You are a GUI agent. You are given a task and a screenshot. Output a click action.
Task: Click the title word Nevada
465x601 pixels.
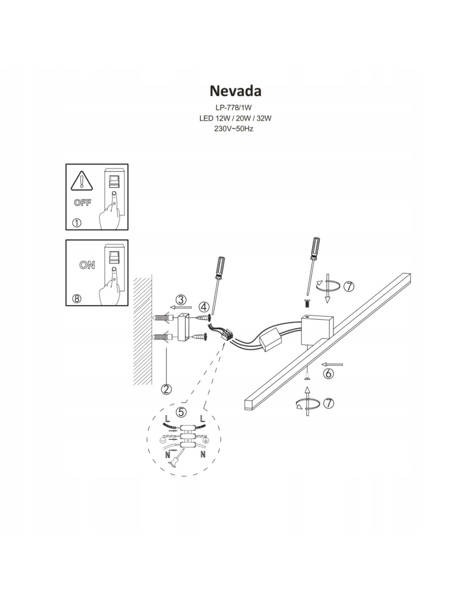235,90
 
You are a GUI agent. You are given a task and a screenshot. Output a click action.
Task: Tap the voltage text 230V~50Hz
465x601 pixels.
234,129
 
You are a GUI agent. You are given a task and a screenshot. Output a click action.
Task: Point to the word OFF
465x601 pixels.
82,203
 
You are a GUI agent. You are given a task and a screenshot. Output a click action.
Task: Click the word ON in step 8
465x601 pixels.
87,265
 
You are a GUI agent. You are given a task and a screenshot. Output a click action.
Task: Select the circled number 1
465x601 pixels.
77,223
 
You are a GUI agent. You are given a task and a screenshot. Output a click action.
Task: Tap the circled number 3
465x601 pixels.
181,299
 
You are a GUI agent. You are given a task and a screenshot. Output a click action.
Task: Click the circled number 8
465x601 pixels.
77,298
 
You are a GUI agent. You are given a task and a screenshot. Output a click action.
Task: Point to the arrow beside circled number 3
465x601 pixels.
181,307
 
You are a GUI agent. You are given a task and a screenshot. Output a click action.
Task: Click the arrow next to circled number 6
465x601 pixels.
332,364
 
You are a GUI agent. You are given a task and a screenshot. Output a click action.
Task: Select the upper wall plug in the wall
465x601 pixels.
162,318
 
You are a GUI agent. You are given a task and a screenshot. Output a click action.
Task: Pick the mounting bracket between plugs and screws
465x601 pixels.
183,327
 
